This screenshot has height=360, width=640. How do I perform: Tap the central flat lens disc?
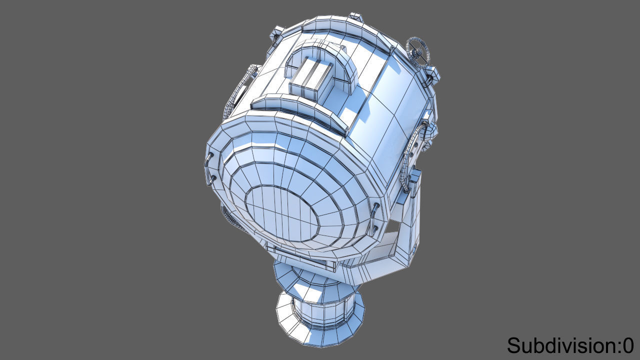[x=282, y=213]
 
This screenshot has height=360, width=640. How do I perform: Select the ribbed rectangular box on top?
[x=310, y=79]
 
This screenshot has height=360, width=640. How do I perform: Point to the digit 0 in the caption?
[x=628, y=345]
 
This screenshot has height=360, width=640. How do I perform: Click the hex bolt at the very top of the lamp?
[x=355, y=17]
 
